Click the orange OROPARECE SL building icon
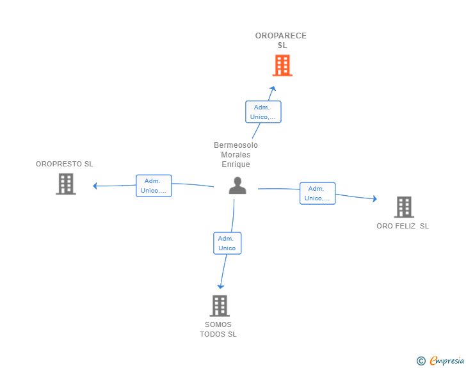pyautogui.click(x=282, y=65)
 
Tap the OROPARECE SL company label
pyautogui.click(x=281, y=40)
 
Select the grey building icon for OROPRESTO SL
pyautogui.click(x=65, y=184)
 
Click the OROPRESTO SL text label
pyautogui.click(x=64, y=164)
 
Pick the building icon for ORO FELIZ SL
pyautogui.click(x=404, y=207)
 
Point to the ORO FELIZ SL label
pyautogui.click(x=403, y=226)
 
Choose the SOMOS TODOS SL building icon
pyautogui.click(x=220, y=305)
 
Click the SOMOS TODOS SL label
pyautogui.click(x=218, y=329)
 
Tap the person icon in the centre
pyautogui.click(x=237, y=186)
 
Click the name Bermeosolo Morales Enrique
pyautogui.click(x=236, y=155)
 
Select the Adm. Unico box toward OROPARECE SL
pyautogui.click(x=263, y=112)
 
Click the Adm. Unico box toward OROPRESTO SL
pyautogui.click(x=154, y=186)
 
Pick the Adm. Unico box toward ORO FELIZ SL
pyautogui.click(x=317, y=193)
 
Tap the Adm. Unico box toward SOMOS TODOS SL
pyautogui.click(x=227, y=243)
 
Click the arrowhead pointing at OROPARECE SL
pyautogui.click(x=273, y=89)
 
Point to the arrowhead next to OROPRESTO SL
pyautogui.click(x=95, y=186)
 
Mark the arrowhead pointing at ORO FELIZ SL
pyautogui.click(x=374, y=199)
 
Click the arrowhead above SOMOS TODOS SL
pyautogui.click(x=220, y=286)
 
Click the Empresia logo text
pyautogui.click(x=447, y=361)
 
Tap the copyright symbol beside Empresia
pyautogui.click(x=421, y=362)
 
